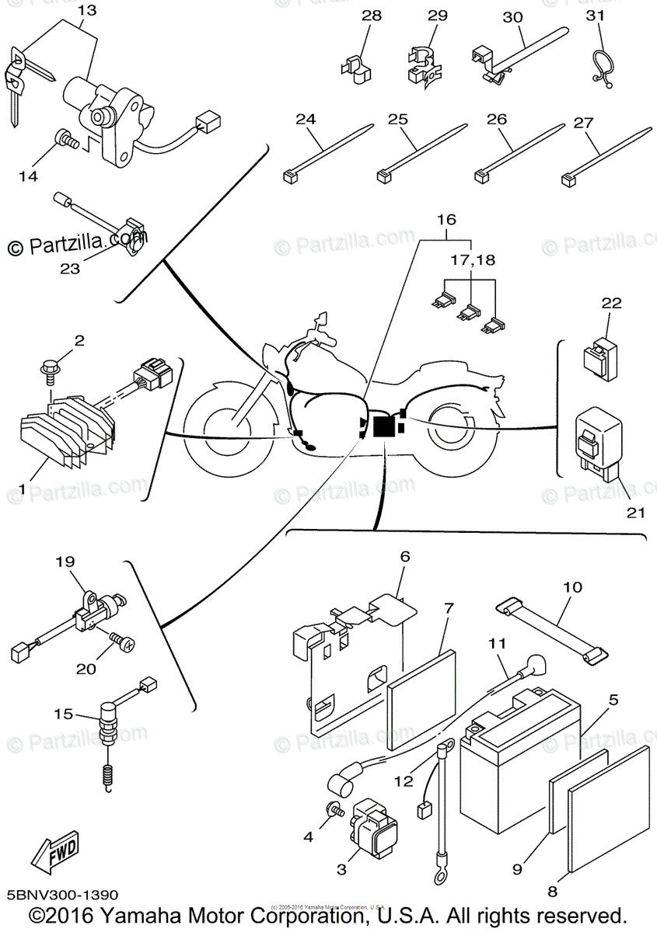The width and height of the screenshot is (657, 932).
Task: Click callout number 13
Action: coord(88,11)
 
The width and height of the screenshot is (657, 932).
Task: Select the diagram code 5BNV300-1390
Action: coord(61,896)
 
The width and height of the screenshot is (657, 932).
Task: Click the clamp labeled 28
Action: coord(355,67)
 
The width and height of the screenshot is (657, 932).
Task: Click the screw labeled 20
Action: coord(122,641)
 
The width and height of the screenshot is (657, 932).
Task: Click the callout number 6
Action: coord(404,556)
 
